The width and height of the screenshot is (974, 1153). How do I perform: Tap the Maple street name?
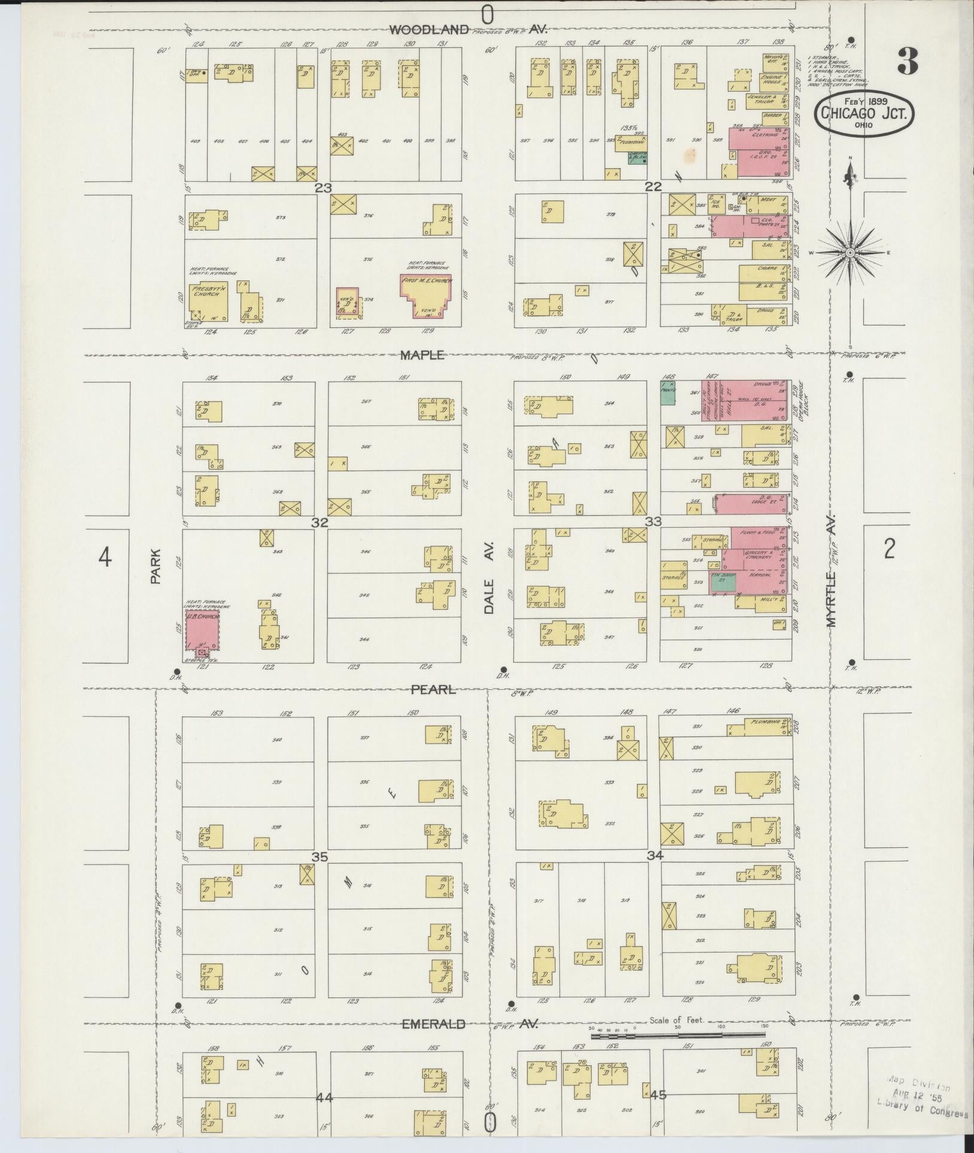click(422, 355)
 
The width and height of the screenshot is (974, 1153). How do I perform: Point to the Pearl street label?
click(433, 690)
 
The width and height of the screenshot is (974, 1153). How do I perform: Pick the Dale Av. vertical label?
click(489, 578)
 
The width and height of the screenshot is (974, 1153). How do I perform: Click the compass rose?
click(850, 252)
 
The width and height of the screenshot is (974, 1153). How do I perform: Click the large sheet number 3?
click(907, 62)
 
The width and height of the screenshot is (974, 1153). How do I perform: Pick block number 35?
click(319, 857)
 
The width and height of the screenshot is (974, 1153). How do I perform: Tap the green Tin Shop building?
click(722, 582)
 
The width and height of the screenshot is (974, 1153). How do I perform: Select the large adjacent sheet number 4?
click(105, 558)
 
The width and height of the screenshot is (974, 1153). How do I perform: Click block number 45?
click(658, 1095)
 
